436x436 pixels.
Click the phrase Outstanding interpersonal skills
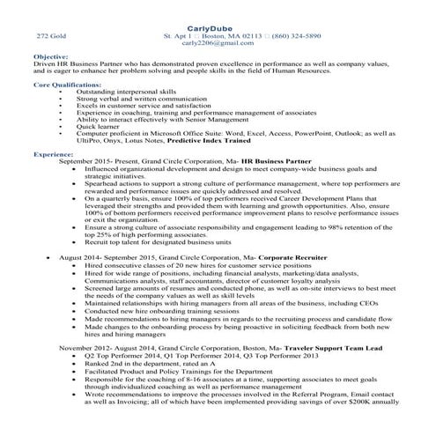(x=125, y=92)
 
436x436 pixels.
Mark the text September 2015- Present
(x=95, y=162)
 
